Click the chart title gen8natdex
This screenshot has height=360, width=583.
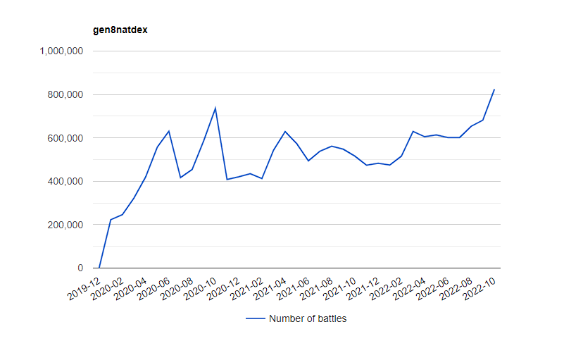(x=121, y=30)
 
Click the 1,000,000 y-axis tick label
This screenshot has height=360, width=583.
(x=63, y=51)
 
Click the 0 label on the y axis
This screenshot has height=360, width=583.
(x=80, y=268)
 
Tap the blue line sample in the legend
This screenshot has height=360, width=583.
(x=256, y=318)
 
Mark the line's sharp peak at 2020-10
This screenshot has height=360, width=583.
(x=215, y=108)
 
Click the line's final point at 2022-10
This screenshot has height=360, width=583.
(x=494, y=89)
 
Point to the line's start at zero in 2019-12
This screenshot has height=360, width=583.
(x=99, y=268)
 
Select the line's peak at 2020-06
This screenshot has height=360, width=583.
(x=169, y=131)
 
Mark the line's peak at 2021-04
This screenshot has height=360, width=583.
(x=285, y=132)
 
